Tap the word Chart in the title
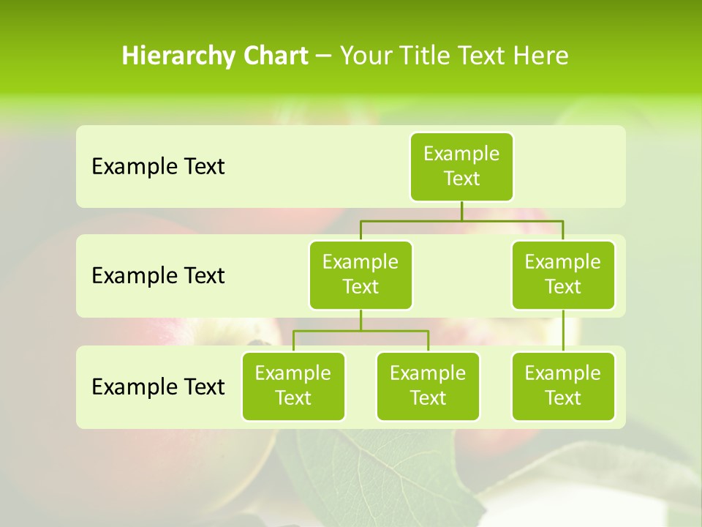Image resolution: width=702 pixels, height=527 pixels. click(x=272, y=56)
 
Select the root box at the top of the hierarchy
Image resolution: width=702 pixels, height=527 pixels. click(x=461, y=166)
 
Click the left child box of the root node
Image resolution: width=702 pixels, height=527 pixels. click(x=361, y=274)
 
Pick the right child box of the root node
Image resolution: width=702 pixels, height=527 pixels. click(x=563, y=274)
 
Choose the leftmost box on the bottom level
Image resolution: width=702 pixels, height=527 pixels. click(x=293, y=386)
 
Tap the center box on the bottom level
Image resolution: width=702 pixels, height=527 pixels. click(x=428, y=386)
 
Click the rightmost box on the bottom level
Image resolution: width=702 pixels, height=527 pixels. click(x=563, y=386)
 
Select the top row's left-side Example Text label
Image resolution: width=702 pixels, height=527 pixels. click(x=158, y=166)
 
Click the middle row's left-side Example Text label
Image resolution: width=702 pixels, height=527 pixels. click(x=158, y=275)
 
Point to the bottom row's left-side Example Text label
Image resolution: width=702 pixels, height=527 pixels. click(x=158, y=386)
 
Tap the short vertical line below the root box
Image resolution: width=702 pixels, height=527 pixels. click(x=461, y=211)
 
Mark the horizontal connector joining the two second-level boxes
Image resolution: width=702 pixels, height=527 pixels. click(x=461, y=220)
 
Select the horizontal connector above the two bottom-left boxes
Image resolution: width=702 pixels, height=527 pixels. click(x=361, y=331)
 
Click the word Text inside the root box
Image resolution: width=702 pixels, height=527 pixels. click(x=461, y=179)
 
